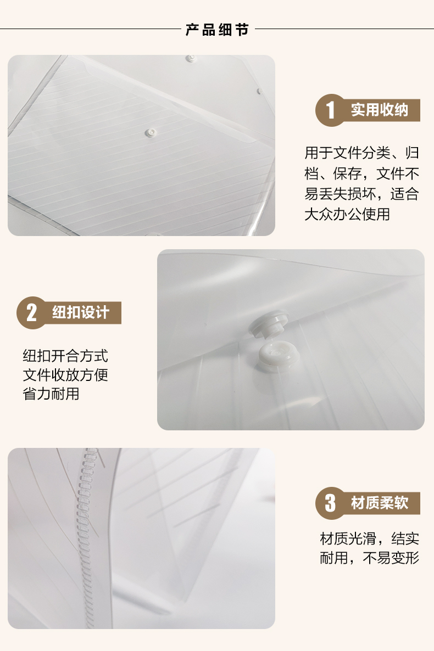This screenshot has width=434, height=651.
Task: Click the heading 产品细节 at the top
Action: point(217,30)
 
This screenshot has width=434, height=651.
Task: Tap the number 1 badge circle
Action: point(331,110)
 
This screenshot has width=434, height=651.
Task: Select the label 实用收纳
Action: point(379,110)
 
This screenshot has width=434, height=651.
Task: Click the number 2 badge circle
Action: point(32,313)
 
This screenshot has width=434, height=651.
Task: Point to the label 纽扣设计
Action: point(81,312)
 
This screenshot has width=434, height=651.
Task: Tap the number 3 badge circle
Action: point(331,503)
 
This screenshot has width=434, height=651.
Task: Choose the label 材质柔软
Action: point(380,503)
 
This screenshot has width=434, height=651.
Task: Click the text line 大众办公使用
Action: point(347,214)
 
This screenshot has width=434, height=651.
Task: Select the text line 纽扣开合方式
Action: point(65,356)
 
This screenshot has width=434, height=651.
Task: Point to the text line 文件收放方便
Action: point(65,375)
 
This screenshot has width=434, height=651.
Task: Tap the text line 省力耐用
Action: point(51,394)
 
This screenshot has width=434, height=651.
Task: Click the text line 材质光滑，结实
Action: point(369,538)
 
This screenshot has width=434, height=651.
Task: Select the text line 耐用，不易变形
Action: point(369,558)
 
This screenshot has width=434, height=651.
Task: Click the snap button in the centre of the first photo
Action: point(151,133)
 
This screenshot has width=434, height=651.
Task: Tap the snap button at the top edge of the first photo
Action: point(191,58)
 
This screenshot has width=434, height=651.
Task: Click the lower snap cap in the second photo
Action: point(275,355)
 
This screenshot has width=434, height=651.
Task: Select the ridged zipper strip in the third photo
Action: point(86,537)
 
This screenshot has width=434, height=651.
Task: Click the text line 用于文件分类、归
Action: point(361,153)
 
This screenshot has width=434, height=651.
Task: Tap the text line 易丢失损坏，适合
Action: point(361,194)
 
